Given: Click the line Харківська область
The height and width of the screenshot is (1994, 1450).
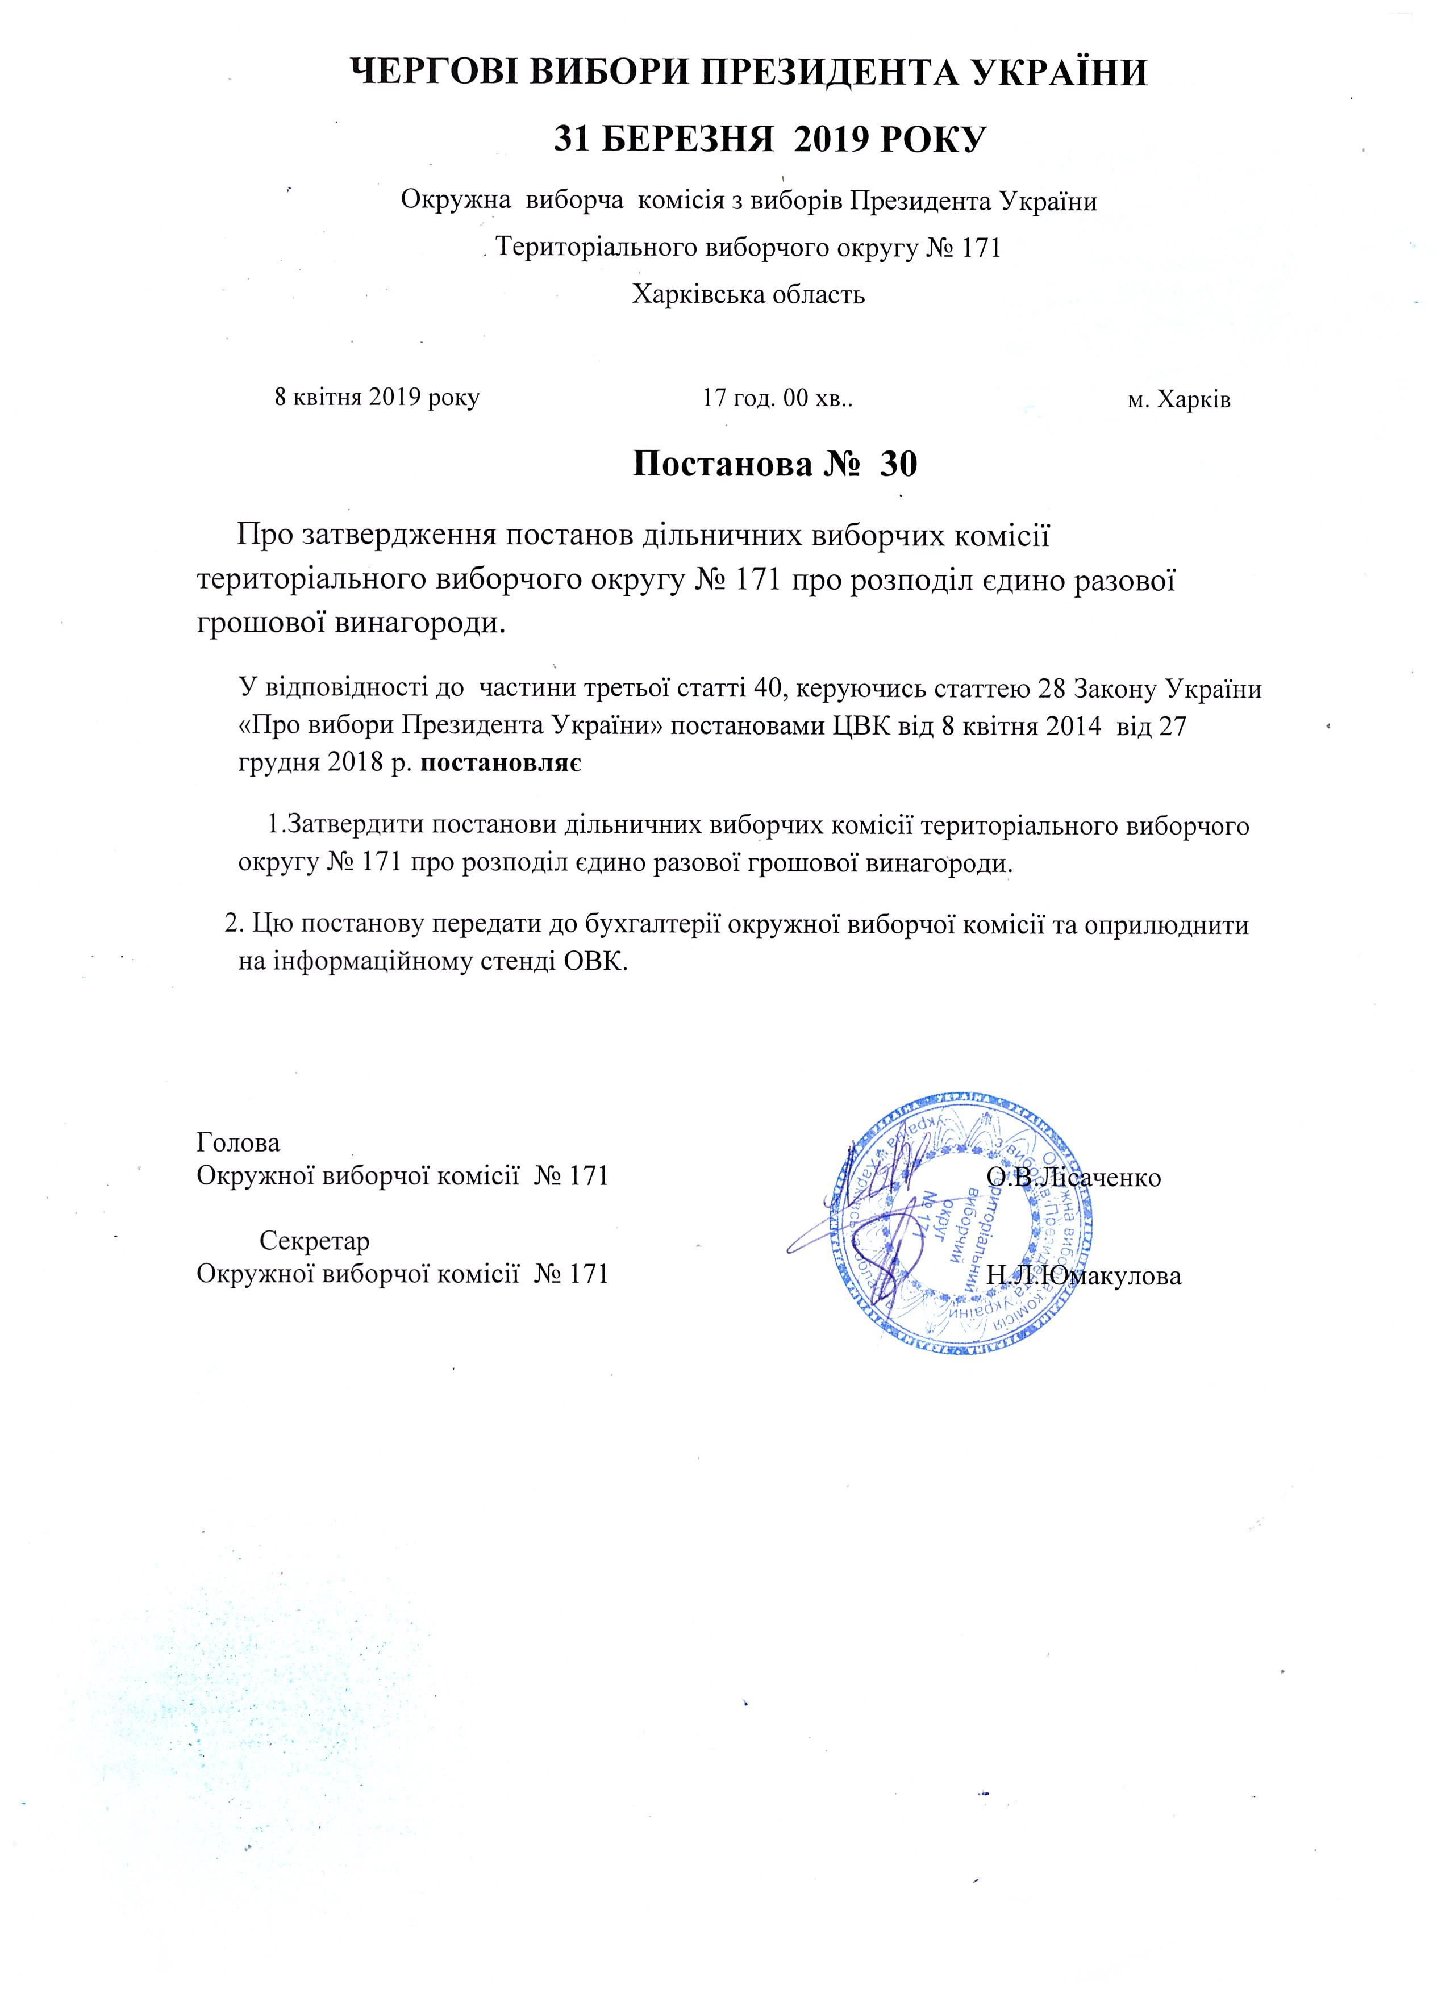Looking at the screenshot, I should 748,294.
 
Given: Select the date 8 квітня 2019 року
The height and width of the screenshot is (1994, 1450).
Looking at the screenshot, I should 377,398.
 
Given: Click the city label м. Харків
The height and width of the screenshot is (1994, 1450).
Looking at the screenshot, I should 1178,399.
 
